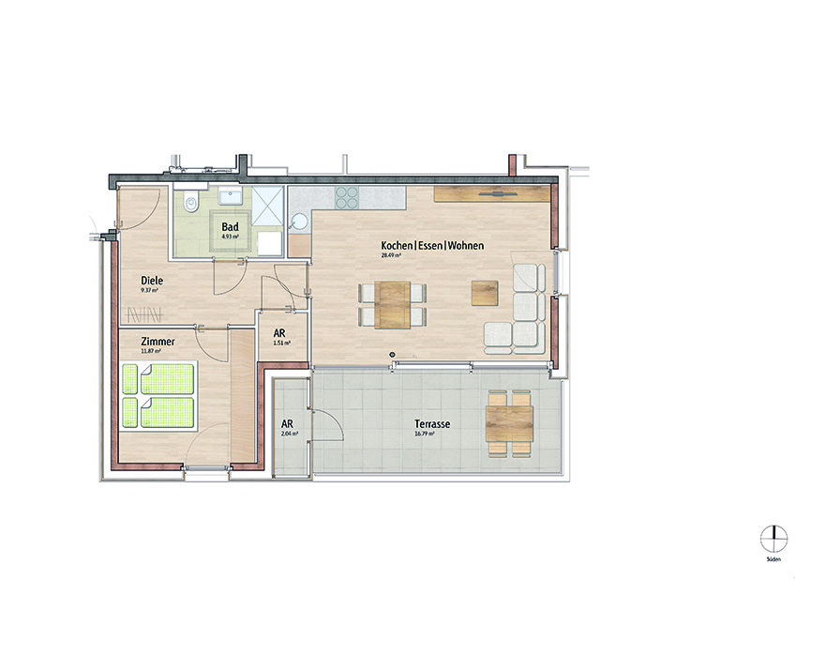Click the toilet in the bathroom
(x=190, y=202)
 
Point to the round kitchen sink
(x=299, y=222)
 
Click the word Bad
(x=230, y=227)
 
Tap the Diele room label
(x=152, y=280)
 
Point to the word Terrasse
(x=432, y=424)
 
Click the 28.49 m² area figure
(x=391, y=255)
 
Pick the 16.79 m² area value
(x=427, y=435)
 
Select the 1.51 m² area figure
(x=280, y=344)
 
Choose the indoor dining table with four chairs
(x=394, y=303)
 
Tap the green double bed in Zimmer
(x=158, y=395)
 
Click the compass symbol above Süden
(x=773, y=539)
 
